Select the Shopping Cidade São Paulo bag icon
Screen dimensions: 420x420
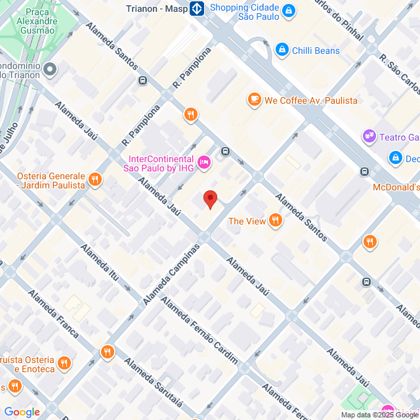coord(289,10)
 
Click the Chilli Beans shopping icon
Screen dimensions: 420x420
coord(282,49)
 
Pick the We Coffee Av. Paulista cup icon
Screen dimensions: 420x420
coord(254,99)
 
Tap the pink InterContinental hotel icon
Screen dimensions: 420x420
coord(203,161)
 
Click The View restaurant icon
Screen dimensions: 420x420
coord(275,221)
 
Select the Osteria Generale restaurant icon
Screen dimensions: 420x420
coord(96,179)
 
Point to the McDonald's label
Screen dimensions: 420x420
coord(396,187)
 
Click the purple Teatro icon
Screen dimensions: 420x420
coord(369,136)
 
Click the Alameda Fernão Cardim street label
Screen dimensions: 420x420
coord(199,331)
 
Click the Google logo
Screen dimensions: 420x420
coord(22,412)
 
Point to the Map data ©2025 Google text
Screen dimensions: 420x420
coord(379,415)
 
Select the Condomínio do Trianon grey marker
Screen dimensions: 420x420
coord(51,69)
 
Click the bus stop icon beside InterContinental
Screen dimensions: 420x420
coord(226,152)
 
